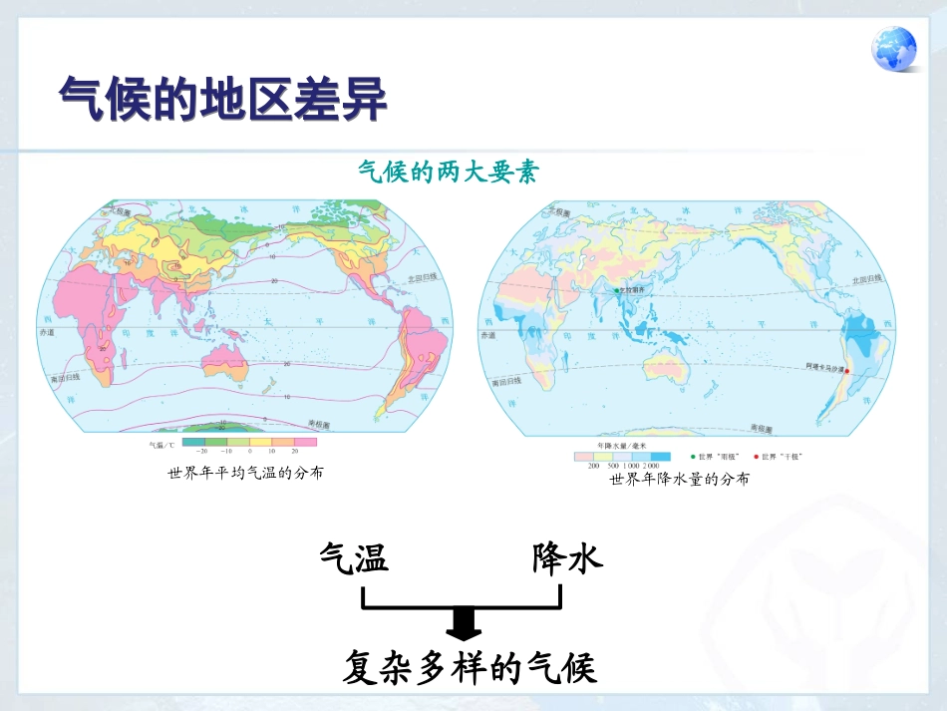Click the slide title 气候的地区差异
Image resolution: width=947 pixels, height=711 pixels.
pyautogui.click(x=222, y=99)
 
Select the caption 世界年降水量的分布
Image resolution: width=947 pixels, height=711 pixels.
pyautogui.click(x=679, y=480)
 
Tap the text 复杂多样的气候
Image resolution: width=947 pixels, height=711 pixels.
pyautogui.click(x=470, y=668)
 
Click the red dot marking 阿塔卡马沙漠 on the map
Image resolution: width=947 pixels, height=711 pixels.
pyautogui.click(x=848, y=369)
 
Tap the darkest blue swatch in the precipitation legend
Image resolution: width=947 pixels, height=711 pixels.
pyautogui.click(x=660, y=456)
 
